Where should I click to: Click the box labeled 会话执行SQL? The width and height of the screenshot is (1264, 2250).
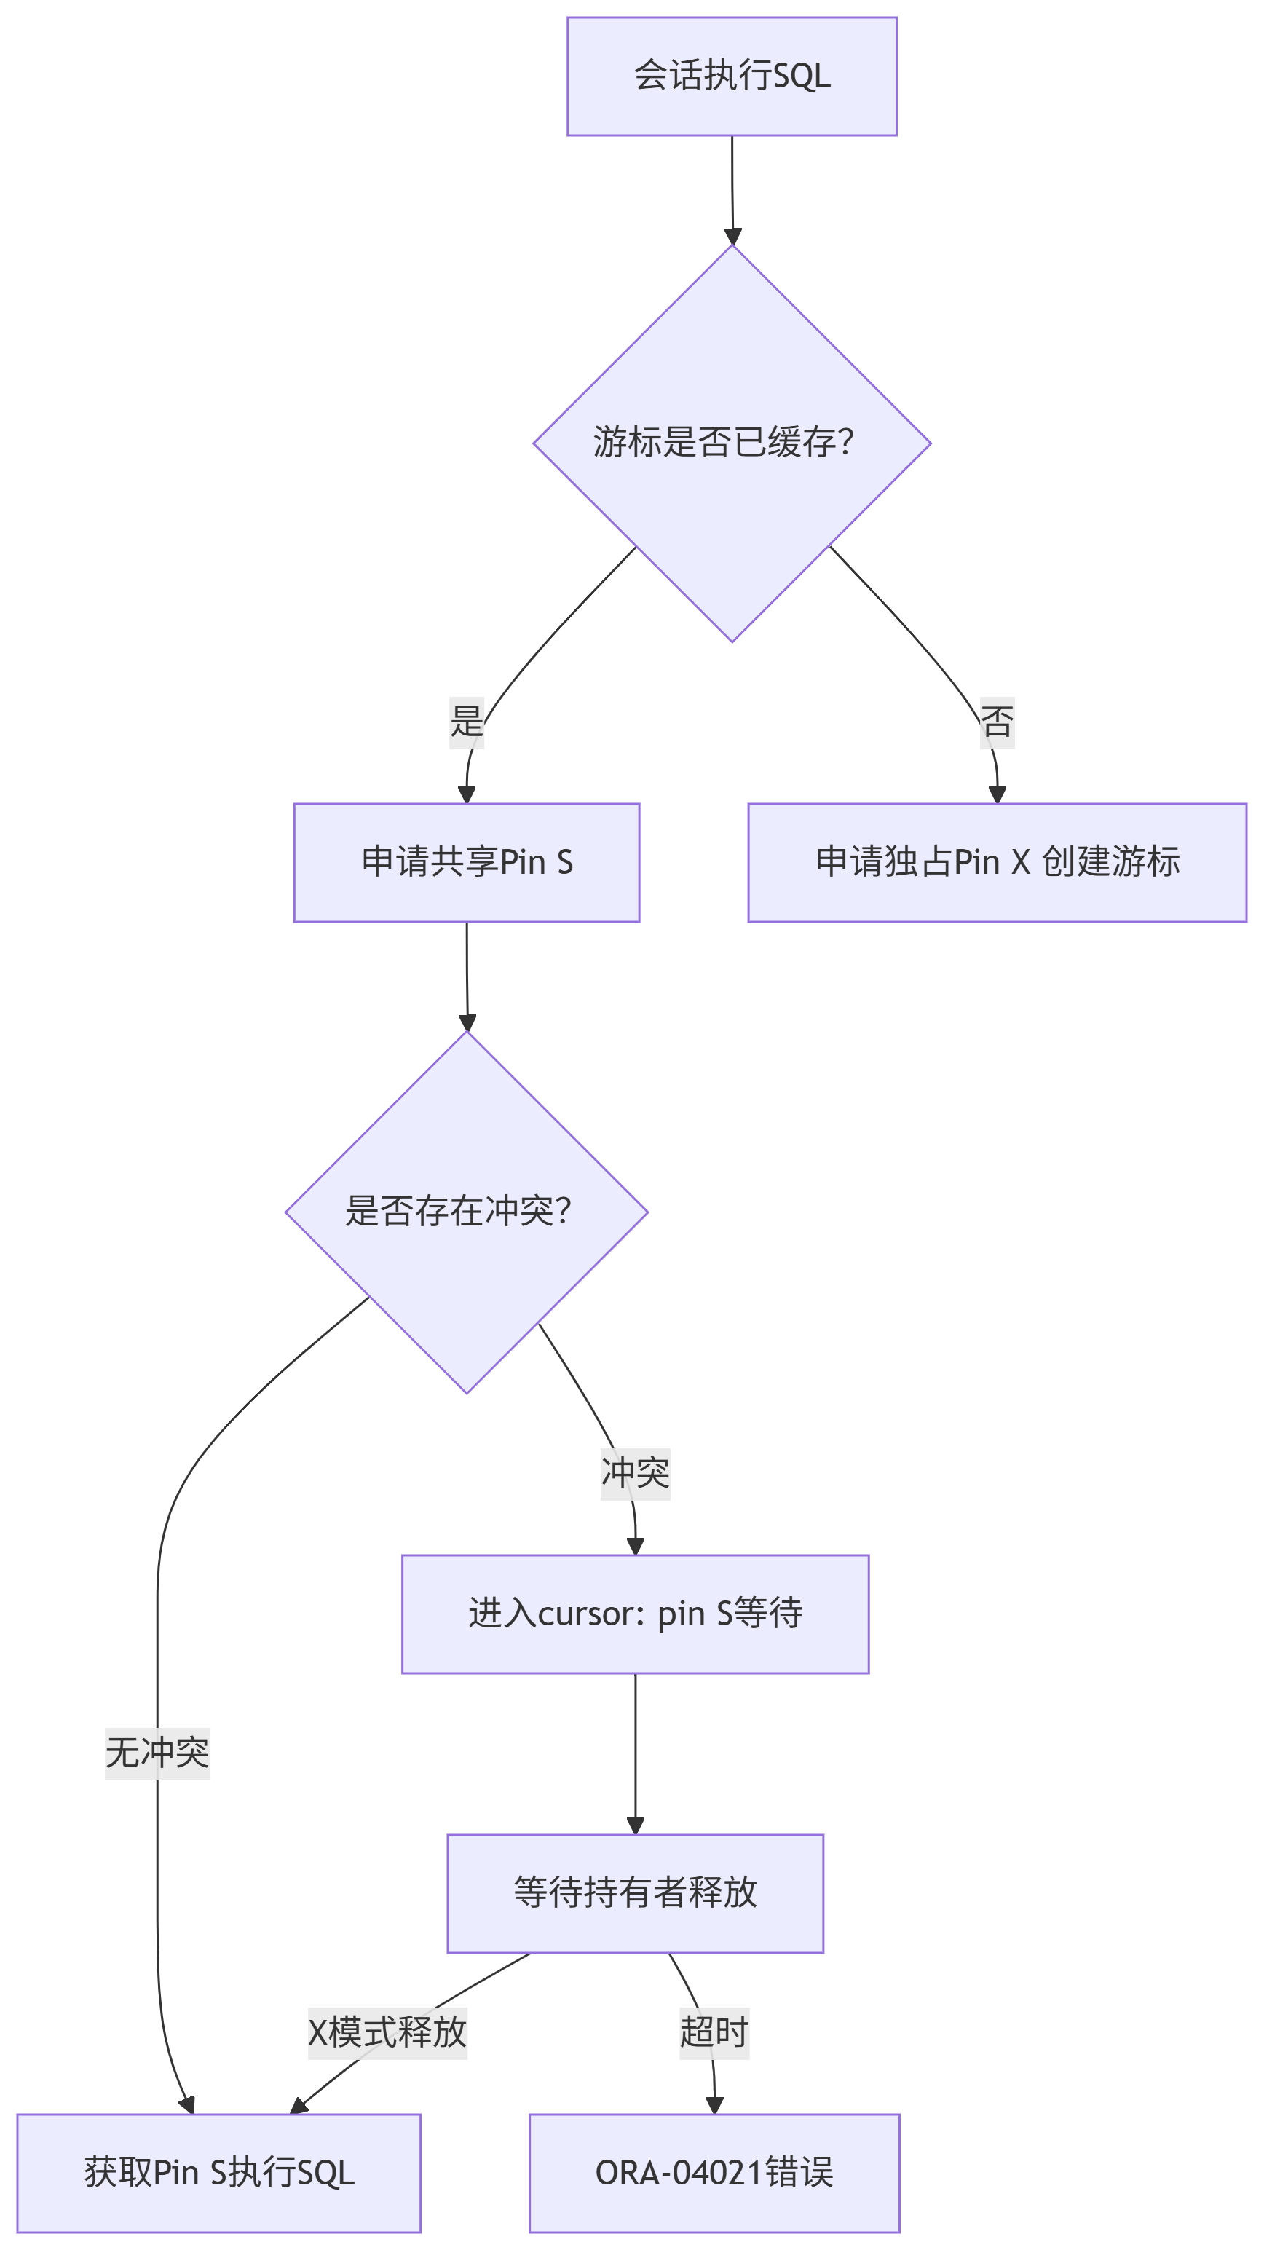coord(731,76)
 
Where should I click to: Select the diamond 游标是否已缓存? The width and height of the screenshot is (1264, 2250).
coord(731,443)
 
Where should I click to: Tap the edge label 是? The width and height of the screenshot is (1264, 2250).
coord(465,722)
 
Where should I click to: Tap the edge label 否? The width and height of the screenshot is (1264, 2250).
coord(997,722)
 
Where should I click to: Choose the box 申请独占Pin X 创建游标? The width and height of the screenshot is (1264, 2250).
coord(997,862)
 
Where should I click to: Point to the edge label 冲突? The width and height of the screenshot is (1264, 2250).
coord(635,1474)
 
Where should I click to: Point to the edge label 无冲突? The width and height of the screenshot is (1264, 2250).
coord(157,1753)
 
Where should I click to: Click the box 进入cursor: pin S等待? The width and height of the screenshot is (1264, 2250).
coord(635,1614)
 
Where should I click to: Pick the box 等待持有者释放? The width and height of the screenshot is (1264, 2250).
coord(635,1892)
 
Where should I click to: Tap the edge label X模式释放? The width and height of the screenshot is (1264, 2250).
coord(387,2032)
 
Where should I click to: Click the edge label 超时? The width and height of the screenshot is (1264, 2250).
coord(714,2032)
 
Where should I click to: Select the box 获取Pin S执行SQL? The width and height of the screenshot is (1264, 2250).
coord(218,2172)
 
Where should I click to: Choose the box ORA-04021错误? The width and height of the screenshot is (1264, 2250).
coord(714,2172)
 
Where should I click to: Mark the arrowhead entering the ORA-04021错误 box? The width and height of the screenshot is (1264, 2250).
coord(714,2105)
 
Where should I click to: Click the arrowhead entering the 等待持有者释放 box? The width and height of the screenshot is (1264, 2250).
coord(635,1825)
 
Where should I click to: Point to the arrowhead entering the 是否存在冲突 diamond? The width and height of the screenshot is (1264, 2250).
coord(467,1023)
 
